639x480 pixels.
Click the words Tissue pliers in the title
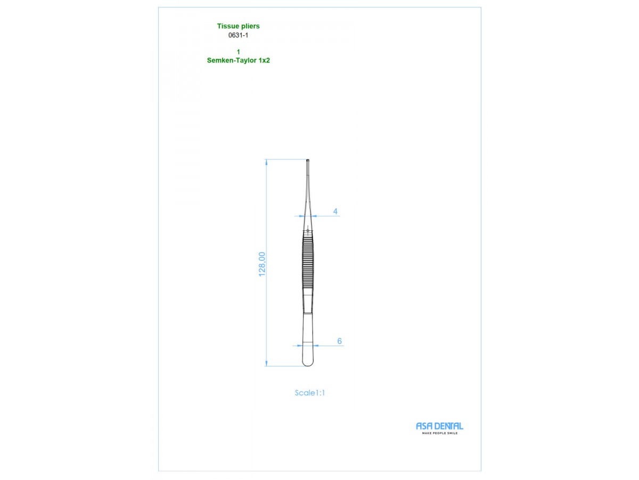pos(238,26)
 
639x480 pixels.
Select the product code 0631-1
pos(238,35)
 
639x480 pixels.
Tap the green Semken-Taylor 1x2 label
pos(238,60)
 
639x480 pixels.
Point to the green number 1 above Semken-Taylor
pos(239,52)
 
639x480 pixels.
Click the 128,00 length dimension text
pos(262,264)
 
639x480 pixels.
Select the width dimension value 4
pos(335,211)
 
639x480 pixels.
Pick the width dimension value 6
pos(339,341)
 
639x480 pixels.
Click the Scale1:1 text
pos(310,393)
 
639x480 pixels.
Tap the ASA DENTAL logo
pos(439,426)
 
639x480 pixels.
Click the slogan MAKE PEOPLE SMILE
pos(440,434)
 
